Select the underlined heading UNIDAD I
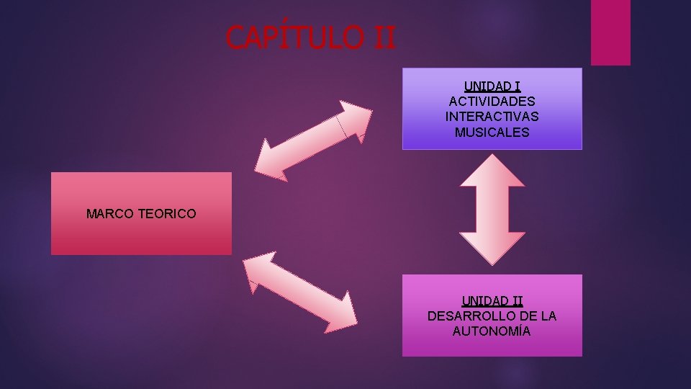pyautogui.click(x=492, y=86)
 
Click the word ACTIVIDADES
pyautogui.click(x=492, y=102)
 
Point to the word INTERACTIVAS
pyautogui.click(x=492, y=117)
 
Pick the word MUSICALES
pyautogui.click(x=492, y=133)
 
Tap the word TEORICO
pyautogui.click(x=167, y=214)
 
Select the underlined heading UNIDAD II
pyautogui.click(x=492, y=300)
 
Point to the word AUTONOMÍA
pyautogui.click(x=492, y=331)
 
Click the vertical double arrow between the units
pyautogui.click(x=492, y=210)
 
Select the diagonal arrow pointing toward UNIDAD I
pyautogui.click(x=313, y=140)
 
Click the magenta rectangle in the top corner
pyautogui.click(x=610, y=32)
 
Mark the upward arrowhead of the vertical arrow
pyautogui.click(x=492, y=173)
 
